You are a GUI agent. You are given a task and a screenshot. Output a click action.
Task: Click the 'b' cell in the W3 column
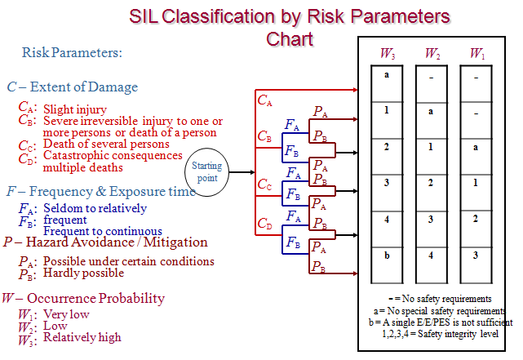(x=387, y=255)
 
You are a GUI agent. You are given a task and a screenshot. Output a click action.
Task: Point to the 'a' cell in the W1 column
(x=476, y=149)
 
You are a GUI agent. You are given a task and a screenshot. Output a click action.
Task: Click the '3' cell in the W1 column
(x=476, y=255)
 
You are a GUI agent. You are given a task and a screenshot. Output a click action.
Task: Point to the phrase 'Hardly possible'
(x=83, y=273)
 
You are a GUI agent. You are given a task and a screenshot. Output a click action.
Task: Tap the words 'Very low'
(x=66, y=313)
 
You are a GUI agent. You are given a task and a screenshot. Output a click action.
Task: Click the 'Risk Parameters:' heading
(x=72, y=53)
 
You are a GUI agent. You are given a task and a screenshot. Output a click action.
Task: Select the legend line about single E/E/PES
(x=436, y=322)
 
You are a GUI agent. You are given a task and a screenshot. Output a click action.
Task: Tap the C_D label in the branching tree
(x=265, y=222)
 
